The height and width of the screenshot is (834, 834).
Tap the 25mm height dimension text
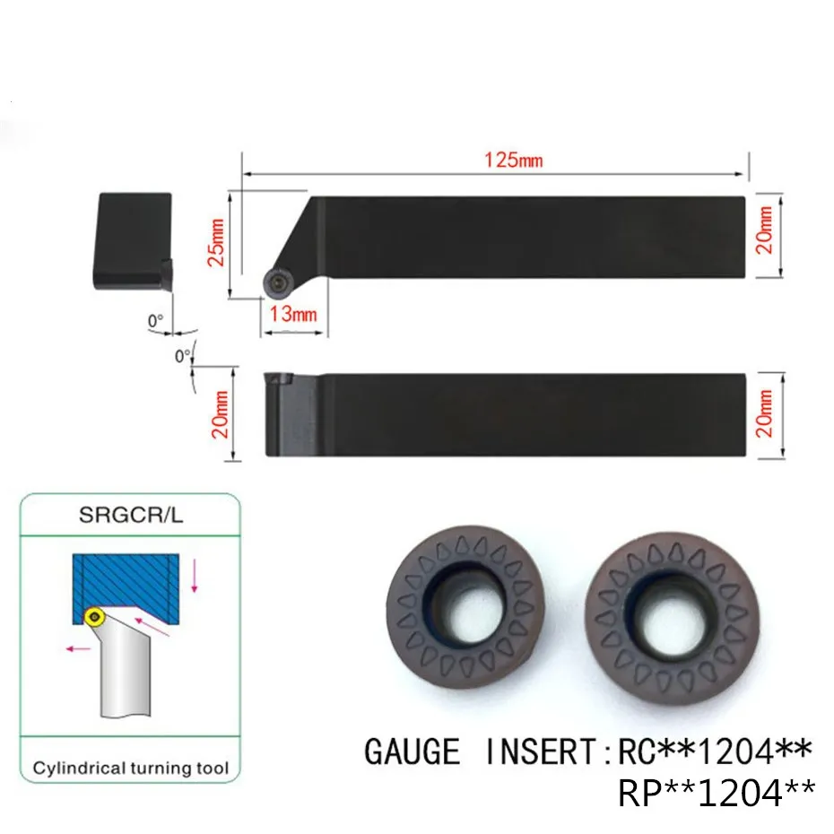pos(214,242)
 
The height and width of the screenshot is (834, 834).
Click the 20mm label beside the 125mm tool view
pos(764,230)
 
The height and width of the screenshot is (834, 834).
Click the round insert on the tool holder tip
pos(275,282)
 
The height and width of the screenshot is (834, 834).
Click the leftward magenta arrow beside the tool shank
pos(79,645)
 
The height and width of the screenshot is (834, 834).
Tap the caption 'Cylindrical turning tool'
pos(131,768)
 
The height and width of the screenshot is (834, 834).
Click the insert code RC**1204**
pos(716,750)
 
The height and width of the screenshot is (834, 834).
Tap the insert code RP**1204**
pos(716,792)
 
